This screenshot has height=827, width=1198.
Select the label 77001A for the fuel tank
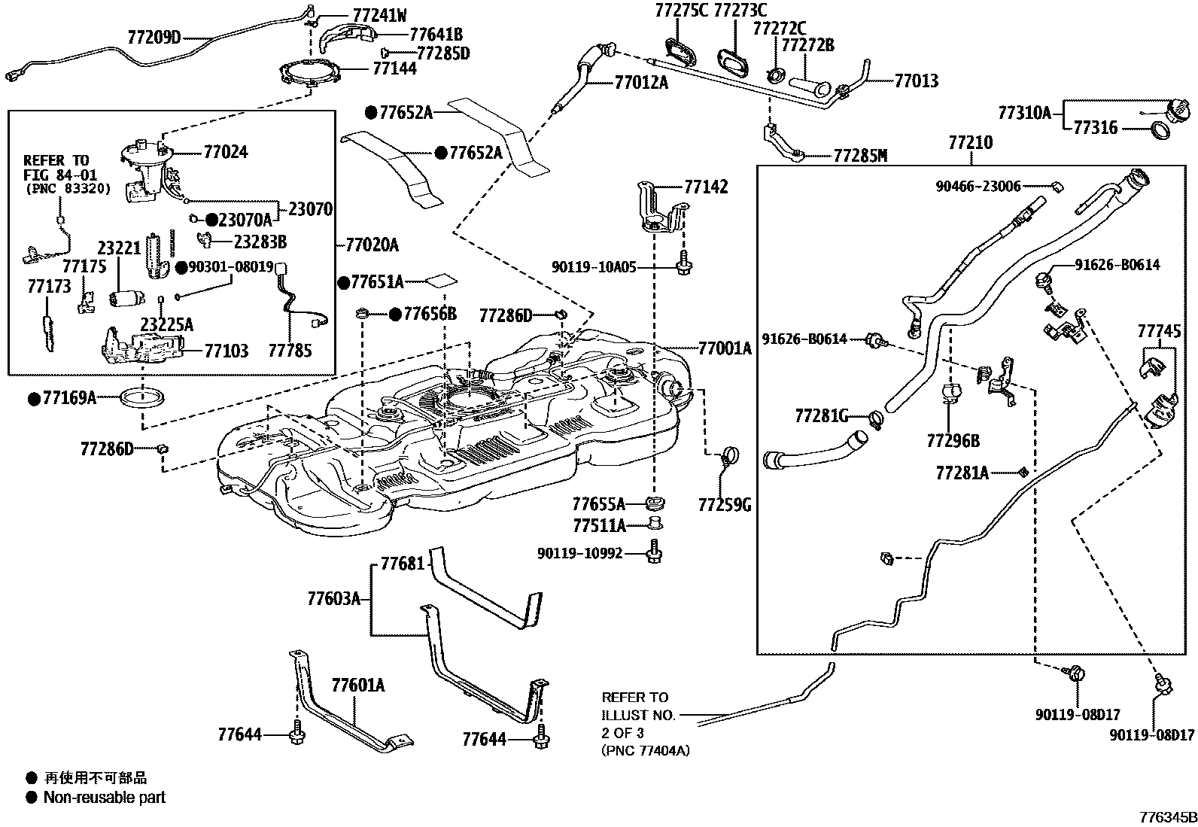(x=724, y=348)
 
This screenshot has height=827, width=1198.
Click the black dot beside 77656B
(x=394, y=315)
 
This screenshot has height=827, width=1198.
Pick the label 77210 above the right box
(x=970, y=142)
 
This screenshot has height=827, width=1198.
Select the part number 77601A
(x=358, y=686)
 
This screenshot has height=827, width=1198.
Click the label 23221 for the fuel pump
(x=119, y=248)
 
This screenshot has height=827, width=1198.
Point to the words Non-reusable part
(x=105, y=797)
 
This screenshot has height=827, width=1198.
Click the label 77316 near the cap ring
(x=1095, y=128)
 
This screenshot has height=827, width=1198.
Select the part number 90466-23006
(x=978, y=187)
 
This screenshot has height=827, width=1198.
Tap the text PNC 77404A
(x=645, y=749)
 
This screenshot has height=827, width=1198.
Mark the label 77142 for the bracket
(x=706, y=187)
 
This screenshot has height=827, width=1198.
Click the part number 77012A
(x=640, y=82)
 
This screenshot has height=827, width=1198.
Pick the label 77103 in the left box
(x=227, y=351)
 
